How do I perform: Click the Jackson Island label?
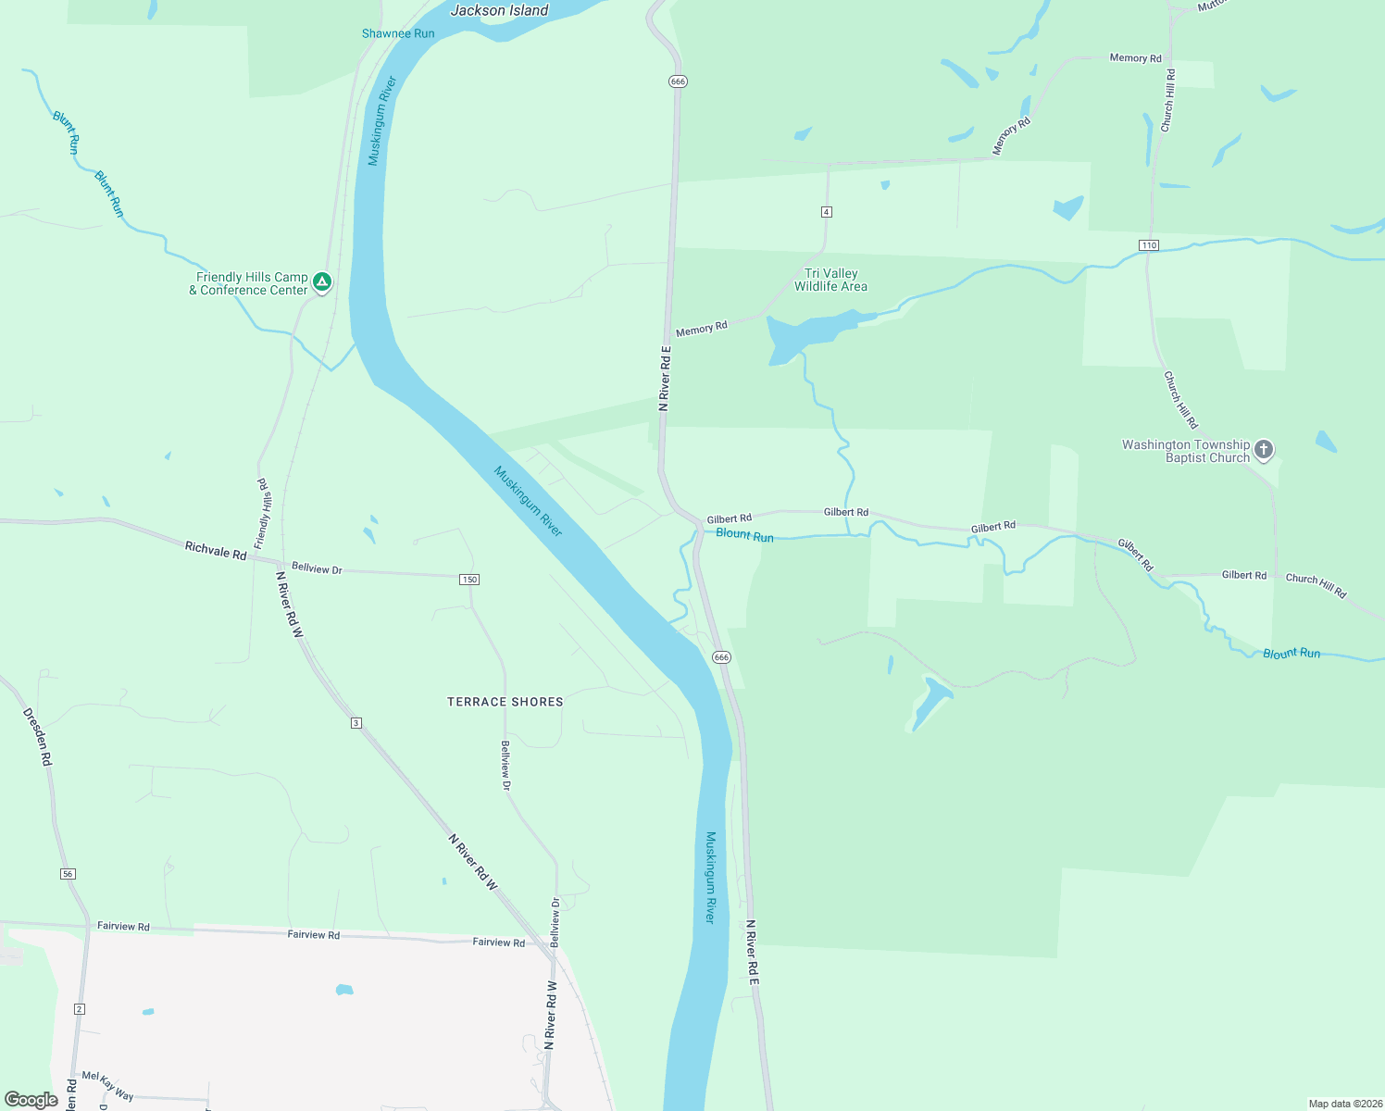tap(499, 11)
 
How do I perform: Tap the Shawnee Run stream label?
tap(398, 33)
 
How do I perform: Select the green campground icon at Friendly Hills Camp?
tap(322, 281)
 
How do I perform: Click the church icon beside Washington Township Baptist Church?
tap(1264, 450)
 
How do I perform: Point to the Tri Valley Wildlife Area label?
tap(830, 280)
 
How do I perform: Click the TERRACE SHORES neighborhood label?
tap(505, 702)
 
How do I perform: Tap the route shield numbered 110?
tap(1149, 245)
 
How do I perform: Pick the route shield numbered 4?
tap(827, 212)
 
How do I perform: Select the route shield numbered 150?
tap(469, 580)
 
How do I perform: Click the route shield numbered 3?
tap(356, 723)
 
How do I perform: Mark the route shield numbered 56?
tap(69, 874)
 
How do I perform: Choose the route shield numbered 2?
tap(80, 1009)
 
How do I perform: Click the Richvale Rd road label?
tap(216, 551)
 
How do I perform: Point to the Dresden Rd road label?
tap(37, 737)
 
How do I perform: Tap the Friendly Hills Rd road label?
tap(265, 514)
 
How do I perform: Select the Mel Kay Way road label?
tap(107, 1085)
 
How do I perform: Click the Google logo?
tap(31, 1100)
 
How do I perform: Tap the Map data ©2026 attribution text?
tap(1344, 1104)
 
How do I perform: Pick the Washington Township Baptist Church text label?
tap(1186, 451)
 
